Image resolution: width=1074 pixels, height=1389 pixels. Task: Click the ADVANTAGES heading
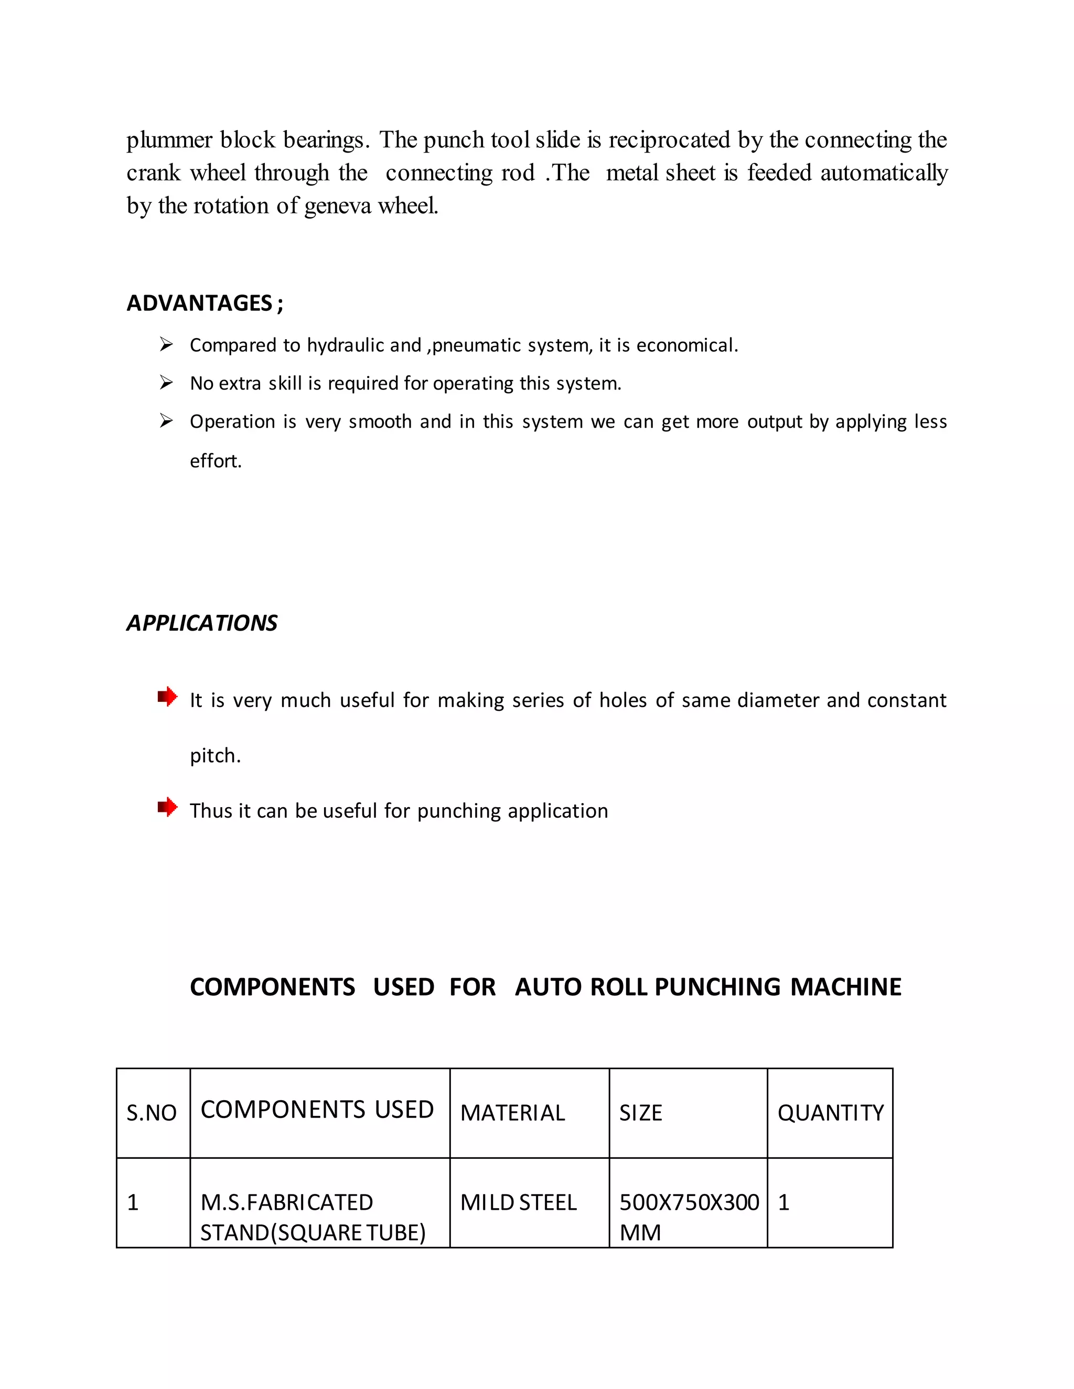[x=205, y=303]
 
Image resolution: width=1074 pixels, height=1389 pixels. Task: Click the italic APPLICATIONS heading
[x=202, y=623]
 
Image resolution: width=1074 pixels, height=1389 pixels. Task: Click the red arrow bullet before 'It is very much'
[x=167, y=697]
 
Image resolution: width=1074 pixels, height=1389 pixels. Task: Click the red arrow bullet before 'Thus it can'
[x=167, y=807]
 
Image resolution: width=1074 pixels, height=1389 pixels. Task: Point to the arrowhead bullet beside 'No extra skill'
[x=166, y=383]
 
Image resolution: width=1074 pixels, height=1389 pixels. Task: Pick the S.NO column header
[x=152, y=1113]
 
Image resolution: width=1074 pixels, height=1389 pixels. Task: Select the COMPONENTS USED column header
[x=317, y=1110]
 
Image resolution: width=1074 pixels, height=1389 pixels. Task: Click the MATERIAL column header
[x=512, y=1113]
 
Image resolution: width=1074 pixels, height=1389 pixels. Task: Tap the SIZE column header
[x=641, y=1113]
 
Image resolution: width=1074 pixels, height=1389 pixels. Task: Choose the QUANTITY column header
[x=830, y=1113]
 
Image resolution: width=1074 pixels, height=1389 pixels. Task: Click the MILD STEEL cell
[x=518, y=1202]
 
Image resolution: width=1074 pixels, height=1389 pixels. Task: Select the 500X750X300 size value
[x=689, y=1202]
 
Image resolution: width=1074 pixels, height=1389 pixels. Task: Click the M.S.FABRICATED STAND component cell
[x=313, y=1217]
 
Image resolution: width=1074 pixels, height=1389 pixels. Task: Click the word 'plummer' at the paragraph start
[x=169, y=140]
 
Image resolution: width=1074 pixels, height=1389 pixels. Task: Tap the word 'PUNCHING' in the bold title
[x=717, y=987]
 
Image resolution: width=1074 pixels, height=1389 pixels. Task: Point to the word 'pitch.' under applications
[x=215, y=755]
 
